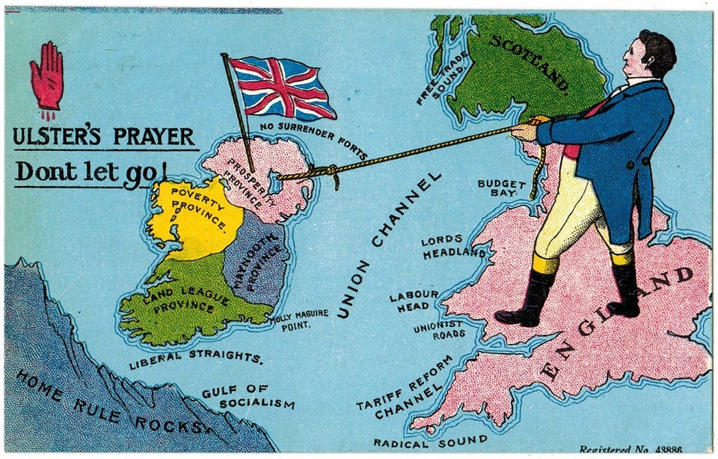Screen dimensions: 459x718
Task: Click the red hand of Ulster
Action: click(x=46, y=77)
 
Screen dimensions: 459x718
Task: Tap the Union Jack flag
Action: click(x=280, y=87)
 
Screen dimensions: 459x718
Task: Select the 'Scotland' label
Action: click(x=529, y=64)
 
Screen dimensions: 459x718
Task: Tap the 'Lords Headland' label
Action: click(x=453, y=247)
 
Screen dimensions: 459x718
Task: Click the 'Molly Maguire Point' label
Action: click(x=300, y=319)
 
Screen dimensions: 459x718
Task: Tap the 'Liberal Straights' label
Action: click(x=197, y=358)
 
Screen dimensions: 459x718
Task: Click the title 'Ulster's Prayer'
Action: click(x=104, y=137)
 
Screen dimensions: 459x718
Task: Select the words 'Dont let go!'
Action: click(x=90, y=171)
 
